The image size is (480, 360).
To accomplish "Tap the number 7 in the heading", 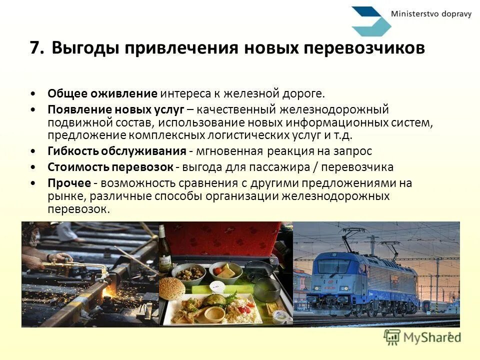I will click(x=34, y=48).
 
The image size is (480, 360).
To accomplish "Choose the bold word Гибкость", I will click(x=73, y=151).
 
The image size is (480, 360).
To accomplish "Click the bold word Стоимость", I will click(x=77, y=167).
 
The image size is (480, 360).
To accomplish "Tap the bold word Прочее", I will click(x=69, y=183).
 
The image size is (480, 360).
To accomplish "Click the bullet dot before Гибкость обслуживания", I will click(x=33, y=151).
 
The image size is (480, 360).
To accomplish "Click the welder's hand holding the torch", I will click(x=57, y=258).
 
